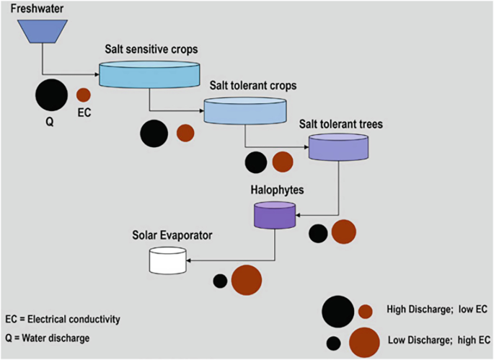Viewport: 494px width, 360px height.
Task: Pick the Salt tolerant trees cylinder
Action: coord(338,146)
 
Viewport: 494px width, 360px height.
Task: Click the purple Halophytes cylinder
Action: coord(274,215)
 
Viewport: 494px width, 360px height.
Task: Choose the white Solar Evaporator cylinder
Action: coord(167,260)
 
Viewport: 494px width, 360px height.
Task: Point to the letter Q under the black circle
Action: coord(50,122)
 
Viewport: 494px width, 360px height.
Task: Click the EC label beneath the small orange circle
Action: coord(84,113)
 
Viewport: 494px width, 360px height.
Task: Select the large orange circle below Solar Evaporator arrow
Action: coord(246,280)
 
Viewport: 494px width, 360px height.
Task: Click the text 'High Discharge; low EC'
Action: coord(437,309)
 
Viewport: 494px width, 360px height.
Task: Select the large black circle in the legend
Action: coord(338,312)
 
